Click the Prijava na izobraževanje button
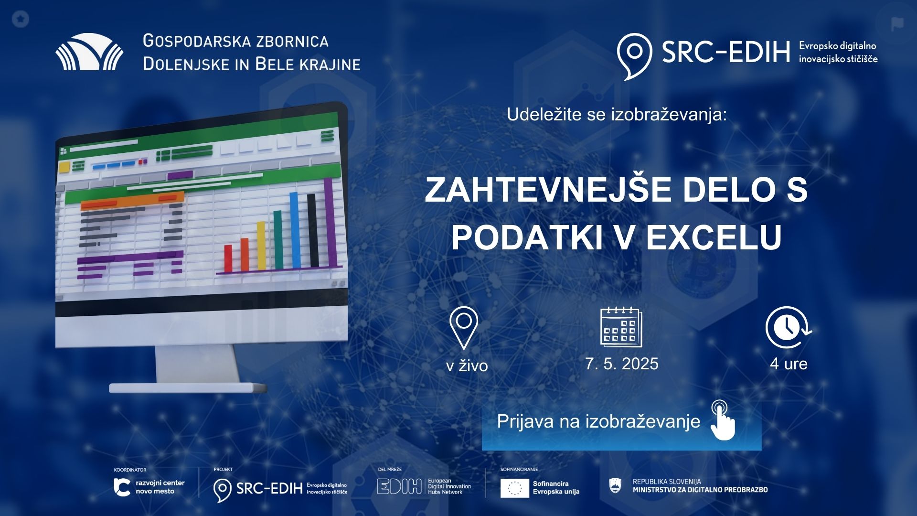pyautogui.click(x=621, y=422)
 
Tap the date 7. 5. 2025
pyautogui.click(x=621, y=364)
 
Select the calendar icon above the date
pyautogui.click(x=621, y=327)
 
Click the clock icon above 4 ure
pyautogui.click(x=788, y=327)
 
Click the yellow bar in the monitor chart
pyautogui.click(x=261, y=246)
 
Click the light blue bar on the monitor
pyautogui.click(x=295, y=230)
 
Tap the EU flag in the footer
pyautogui.click(x=514, y=488)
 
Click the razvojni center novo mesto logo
pyautogui.click(x=149, y=487)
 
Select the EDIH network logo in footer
pyautogui.click(x=424, y=486)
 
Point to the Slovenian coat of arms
pyautogui.click(x=616, y=486)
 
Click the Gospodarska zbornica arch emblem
pyautogui.click(x=89, y=52)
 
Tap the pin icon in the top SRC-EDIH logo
pyautogui.click(x=634, y=54)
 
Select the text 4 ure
pyautogui.click(x=789, y=364)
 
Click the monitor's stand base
pyautogui.click(x=188, y=387)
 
